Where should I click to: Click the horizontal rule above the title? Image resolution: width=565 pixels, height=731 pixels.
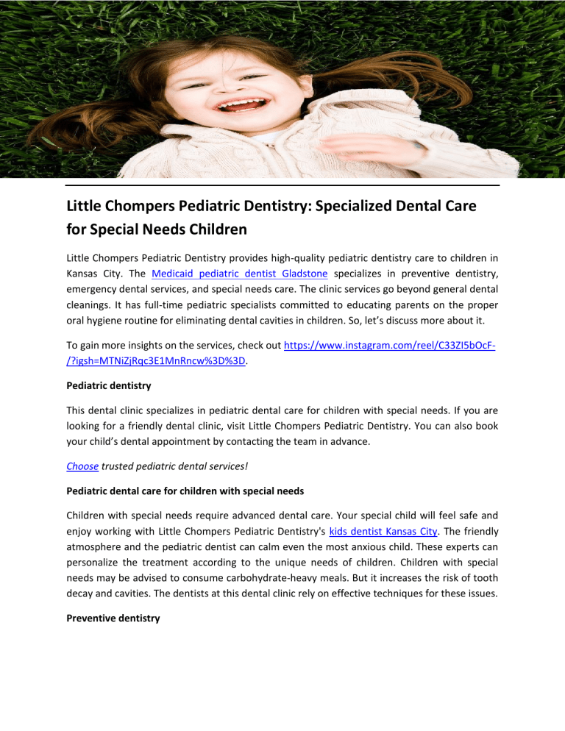(x=282, y=185)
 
